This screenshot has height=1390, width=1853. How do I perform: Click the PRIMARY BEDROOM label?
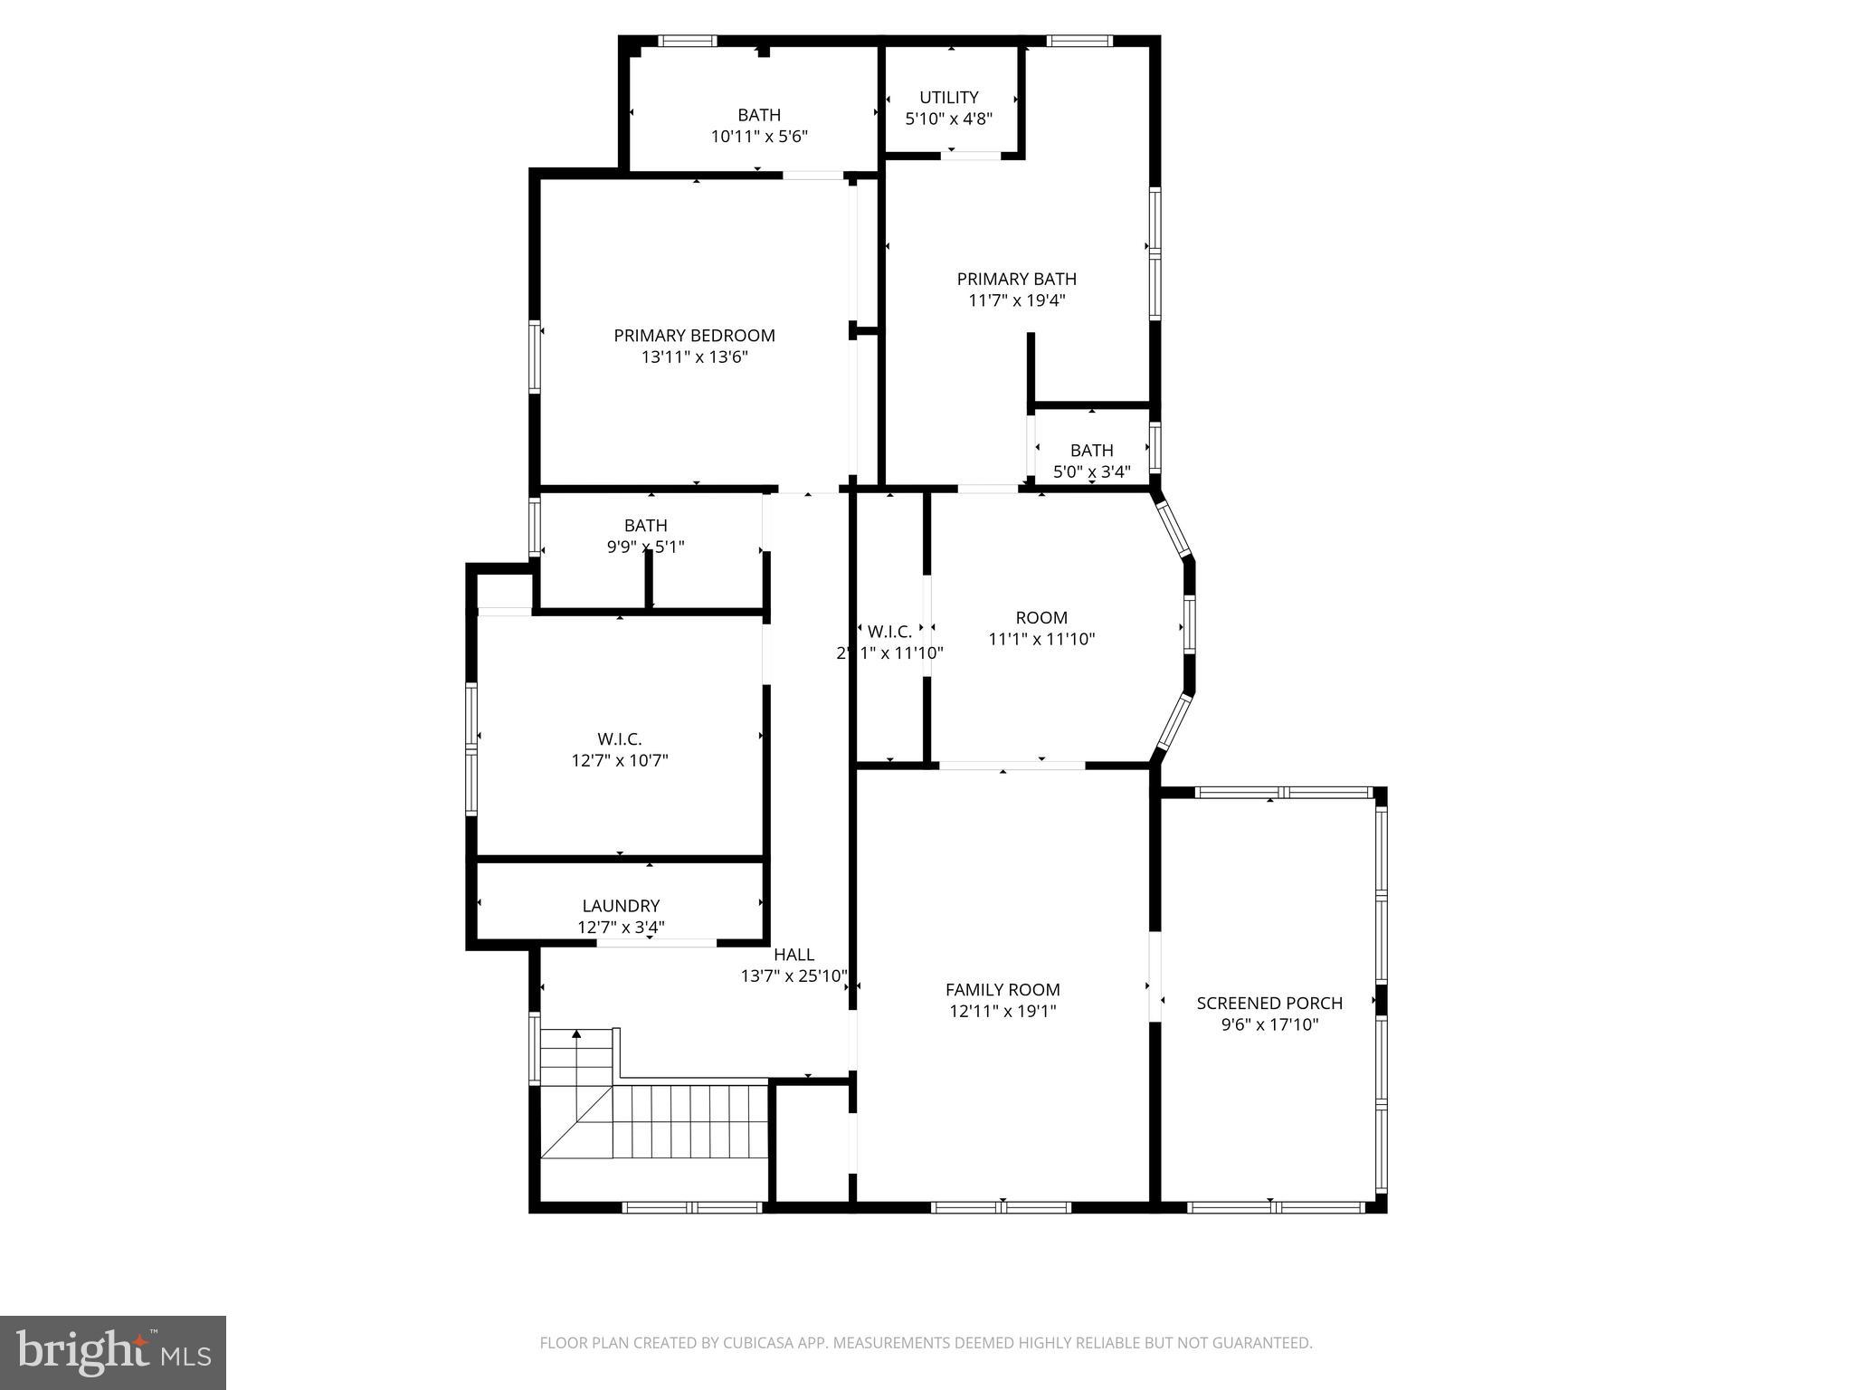(694, 336)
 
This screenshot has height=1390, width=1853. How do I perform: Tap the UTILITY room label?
(948, 98)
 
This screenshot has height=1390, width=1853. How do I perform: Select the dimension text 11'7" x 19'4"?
(1016, 300)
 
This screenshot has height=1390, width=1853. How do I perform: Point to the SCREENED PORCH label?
(1269, 1003)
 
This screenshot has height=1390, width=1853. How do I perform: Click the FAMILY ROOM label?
(1003, 990)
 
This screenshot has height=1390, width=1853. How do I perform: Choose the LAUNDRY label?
(621, 906)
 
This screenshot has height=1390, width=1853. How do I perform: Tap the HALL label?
(793, 955)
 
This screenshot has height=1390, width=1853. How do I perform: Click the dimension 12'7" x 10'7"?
(620, 761)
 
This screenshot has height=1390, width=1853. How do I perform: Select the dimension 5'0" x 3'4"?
(1091, 471)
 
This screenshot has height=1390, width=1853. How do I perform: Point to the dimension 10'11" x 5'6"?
(759, 137)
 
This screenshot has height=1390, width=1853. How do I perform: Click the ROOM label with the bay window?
(1041, 618)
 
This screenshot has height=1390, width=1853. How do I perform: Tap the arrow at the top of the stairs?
(576, 1033)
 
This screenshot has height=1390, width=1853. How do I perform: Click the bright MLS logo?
(113, 1353)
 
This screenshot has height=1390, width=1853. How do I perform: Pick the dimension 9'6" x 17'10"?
(1269, 1024)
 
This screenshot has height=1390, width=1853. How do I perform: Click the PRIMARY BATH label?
(1016, 279)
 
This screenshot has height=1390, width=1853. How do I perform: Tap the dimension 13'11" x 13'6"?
(694, 357)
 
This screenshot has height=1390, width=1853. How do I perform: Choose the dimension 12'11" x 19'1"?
(1003, 1012)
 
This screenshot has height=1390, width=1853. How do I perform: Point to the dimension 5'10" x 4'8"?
(948, 119)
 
